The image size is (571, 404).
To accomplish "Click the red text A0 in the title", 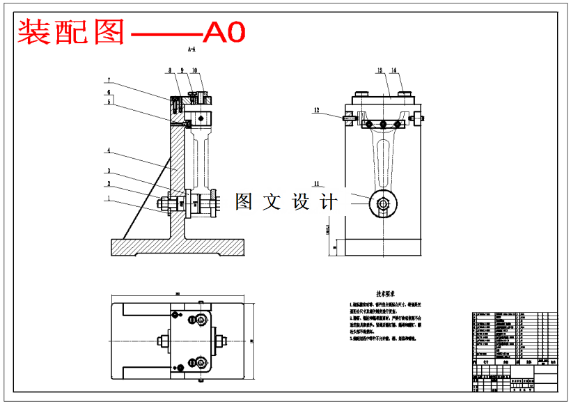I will pyautogui.click(x=224, y=31).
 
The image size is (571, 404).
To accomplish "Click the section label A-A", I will pyautogui.click(x=191, y=50).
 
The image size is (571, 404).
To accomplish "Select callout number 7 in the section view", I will pyautogui.click(x=109, y=80).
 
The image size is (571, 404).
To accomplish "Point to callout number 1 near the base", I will pyautogui.click(x=109, y=198).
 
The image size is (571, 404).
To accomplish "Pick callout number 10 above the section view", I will pyautogui.click(x=194, y=70).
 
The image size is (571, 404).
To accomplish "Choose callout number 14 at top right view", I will pyautogui.click(x=393, y=70).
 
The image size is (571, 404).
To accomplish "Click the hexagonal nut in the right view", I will pyautogui.click(x=382, y=203).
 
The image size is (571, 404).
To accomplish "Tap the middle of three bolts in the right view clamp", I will pyautogui.click(x=382, y=124).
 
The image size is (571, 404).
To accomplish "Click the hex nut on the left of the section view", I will pyautogui.click(x=166, y=204).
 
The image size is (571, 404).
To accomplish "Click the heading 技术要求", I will pyautogui.click(x=387, y=295).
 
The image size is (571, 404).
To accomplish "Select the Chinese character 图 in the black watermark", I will pyautogui.click(x=244, y=202).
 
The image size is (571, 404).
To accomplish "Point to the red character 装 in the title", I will pyautogui.click(x=33, y=32).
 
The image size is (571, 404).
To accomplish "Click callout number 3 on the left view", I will pyautogui.click(x=109, y=171).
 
